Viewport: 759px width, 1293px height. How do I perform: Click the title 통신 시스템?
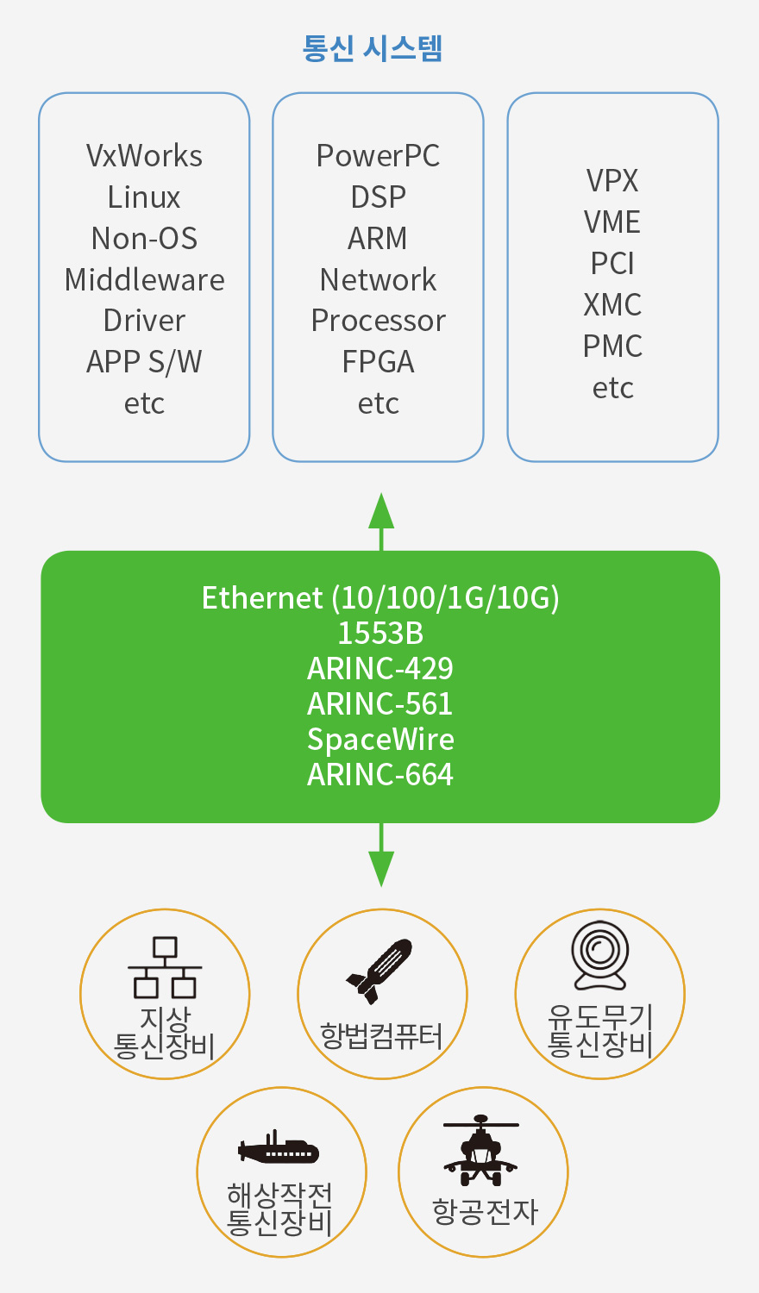(373, 48)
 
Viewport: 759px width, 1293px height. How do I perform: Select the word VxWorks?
(144, 156)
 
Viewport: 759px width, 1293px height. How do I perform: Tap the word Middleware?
(144, 280)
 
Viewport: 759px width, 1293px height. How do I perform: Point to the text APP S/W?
(144, 363)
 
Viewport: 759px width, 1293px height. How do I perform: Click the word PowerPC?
(378, 156)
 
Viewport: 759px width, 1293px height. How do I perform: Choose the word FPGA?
(378, 363)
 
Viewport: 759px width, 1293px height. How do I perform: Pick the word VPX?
(612, 181)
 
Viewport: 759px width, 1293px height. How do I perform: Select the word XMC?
(612, 305)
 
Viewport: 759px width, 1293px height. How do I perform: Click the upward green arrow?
(381, 522)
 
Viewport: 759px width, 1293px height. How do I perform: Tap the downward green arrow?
(381, 855)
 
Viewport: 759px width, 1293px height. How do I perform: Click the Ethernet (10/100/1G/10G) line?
(380, 598)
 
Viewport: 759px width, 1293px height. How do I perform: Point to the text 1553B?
(380, 634)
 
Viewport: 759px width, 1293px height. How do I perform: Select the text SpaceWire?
(380, 740)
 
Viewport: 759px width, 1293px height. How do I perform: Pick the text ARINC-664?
(380, 775)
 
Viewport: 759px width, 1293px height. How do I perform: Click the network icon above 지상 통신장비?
(165, 967)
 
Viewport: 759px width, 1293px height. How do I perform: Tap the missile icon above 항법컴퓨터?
(379, 971)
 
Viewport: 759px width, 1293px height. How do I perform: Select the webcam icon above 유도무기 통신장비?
(600, 955)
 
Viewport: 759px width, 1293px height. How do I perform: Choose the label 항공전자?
(486, 1211)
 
